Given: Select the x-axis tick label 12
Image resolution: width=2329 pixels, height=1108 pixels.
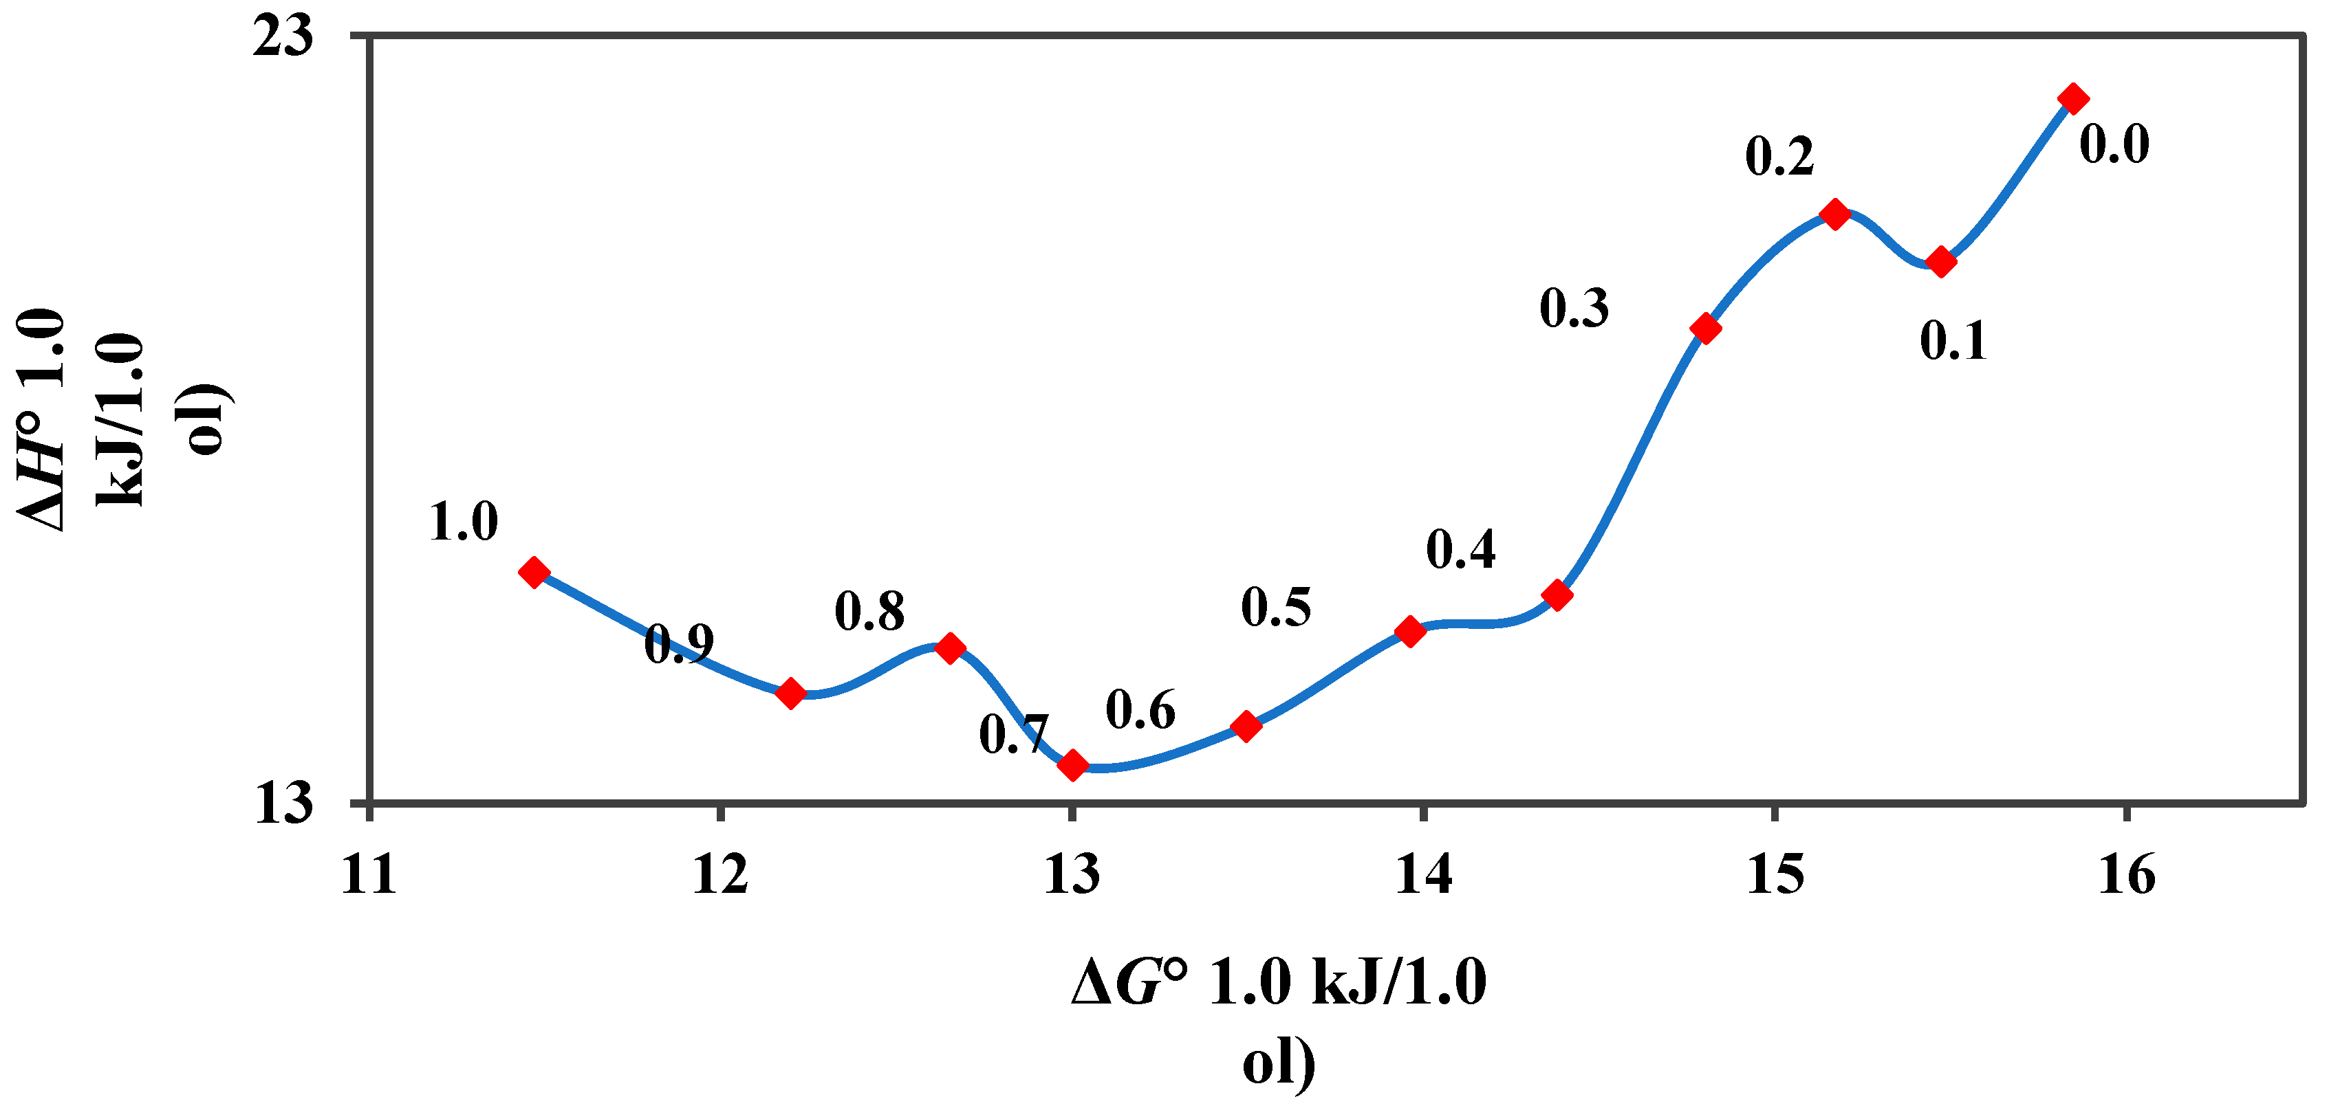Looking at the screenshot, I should click(x=721, y=875).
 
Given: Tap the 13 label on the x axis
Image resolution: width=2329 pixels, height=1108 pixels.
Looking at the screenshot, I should click(x=1072, y=875).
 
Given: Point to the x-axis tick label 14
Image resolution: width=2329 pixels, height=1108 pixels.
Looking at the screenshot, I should click(x=1424, y=875).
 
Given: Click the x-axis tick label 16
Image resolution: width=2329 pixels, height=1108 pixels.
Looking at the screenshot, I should click(x=2127, y=875).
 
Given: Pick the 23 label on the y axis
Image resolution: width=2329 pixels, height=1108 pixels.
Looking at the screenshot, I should click(x=283, y=38).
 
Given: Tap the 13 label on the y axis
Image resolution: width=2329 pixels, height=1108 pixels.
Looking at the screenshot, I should click(x=283, y=803).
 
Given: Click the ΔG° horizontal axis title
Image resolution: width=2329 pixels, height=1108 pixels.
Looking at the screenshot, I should click(x=1279, y=1021).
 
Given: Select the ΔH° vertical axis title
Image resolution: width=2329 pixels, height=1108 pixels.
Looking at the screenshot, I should click(x=122, y=420).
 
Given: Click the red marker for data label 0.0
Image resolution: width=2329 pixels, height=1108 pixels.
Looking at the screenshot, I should click(x=2073, y=98).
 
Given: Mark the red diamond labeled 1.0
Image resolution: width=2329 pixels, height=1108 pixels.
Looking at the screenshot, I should click(x=534, y=572).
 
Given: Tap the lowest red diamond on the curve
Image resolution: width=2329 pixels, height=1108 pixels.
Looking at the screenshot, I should click(x=1073, y=766).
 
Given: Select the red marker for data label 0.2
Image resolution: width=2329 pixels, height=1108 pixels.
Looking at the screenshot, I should click(x=1834, y=215).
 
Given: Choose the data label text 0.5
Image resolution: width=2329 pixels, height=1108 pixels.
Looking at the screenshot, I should click(x=1276, y=606).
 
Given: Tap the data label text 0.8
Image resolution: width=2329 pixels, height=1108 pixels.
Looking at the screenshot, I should click(x=869, y=612).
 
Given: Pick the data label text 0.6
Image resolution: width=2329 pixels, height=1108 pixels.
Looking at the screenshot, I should click(x=1140, y=709).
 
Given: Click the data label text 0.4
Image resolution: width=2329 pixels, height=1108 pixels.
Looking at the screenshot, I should click(x=1461, y=549).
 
